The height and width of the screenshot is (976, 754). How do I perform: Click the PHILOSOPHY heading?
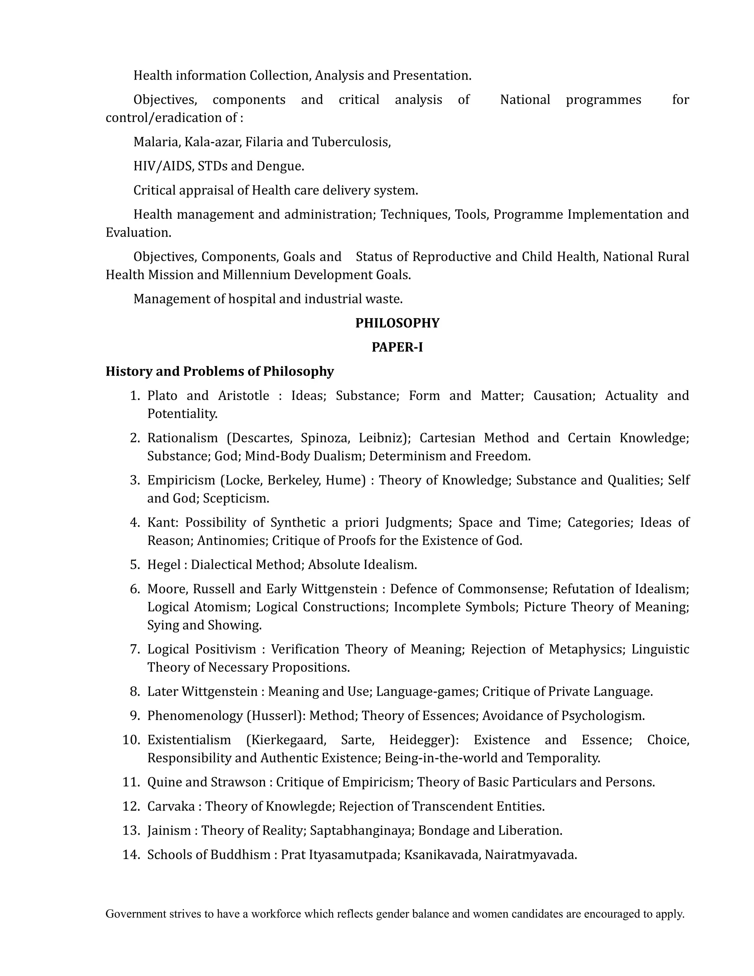coord(397,323)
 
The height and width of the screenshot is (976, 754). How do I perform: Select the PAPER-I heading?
coord(397,347)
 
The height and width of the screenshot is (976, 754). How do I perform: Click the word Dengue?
coord(280,166)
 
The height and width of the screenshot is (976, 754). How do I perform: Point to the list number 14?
coord(131,855)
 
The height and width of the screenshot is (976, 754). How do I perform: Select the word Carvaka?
coord(171,807)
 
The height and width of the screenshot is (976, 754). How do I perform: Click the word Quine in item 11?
coord(164,783)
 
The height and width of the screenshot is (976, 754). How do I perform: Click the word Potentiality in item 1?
coord(182,414)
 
